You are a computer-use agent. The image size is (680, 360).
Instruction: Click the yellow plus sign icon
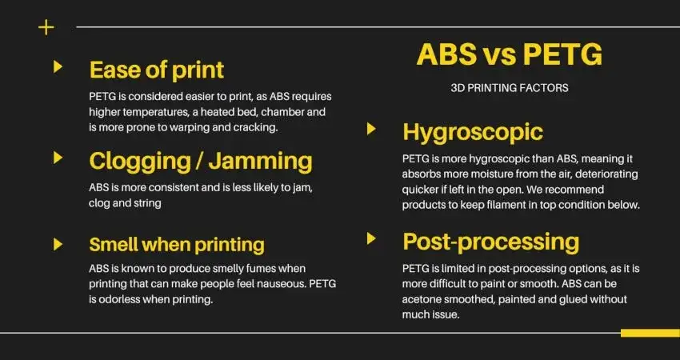(x=46, y=27)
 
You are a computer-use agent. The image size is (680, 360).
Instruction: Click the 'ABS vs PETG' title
(x=510, y=56)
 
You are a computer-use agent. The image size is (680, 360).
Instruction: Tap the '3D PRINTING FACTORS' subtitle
(x=510, y=88)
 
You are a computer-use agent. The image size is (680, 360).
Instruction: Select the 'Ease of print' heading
(x=156, y=70)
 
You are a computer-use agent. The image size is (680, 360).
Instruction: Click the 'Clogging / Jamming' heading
(x=200, y=161)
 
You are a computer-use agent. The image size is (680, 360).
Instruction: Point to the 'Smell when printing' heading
(x=177, y=244)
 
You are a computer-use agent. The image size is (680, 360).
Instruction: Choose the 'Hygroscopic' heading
(x=473, y=132)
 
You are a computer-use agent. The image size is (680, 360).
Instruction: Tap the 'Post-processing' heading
(x=490, y=242)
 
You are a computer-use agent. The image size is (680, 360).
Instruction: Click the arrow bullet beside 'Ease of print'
(x=58, y=66)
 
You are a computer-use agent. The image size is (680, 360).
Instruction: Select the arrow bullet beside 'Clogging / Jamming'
(x=58, y=158)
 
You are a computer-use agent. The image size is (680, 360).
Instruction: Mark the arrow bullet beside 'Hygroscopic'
(x=371, y=129)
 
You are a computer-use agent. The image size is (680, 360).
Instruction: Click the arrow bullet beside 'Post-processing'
(x=371, y=238)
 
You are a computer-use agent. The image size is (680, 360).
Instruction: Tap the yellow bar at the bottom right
(x=650, y=333)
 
